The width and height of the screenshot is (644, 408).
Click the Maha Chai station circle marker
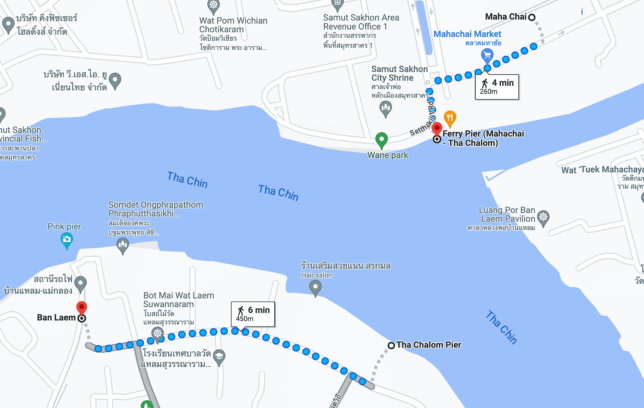click(532, 18)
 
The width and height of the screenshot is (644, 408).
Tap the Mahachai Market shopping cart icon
click(487, 55)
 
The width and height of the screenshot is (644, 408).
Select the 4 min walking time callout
click(497, 87)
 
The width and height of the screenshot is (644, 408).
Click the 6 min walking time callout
click(253, 314)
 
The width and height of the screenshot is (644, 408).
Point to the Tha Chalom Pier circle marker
click(391, 345)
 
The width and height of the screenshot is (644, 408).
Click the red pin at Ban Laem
click(82, 308)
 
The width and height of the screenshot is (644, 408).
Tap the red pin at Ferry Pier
click(437, 128)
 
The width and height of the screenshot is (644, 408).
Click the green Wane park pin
click(381, 139)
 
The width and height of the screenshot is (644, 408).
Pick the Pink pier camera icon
click(67, 239)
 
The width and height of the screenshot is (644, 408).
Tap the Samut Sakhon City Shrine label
click(399, 73)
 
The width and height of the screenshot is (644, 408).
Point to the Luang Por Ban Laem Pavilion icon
click(544, 217)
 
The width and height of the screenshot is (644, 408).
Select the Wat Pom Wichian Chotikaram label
click(233, 25)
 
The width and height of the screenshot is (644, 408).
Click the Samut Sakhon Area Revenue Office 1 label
click(361, 22)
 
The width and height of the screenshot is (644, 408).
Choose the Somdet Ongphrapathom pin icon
click(123, 245)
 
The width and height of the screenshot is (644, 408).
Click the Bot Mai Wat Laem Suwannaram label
click(178, 300)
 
